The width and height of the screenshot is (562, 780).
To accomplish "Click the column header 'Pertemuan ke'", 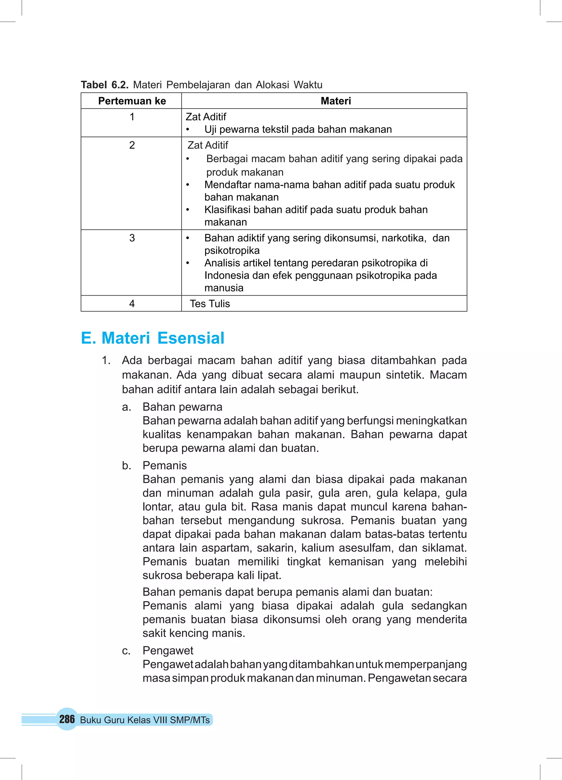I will (132, 101).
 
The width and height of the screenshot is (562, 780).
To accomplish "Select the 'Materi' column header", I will (336, 101).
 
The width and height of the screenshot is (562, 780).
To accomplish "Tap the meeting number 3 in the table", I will (132, 238).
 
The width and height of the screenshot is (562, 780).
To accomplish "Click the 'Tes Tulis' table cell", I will (210, 304).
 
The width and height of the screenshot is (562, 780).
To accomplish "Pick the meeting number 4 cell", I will (132, 304).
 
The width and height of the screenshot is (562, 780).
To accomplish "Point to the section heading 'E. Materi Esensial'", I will (152, 338).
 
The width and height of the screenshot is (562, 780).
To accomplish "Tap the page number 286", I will (67, 719).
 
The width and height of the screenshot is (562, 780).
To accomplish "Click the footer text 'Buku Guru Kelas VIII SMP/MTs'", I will (145, 720).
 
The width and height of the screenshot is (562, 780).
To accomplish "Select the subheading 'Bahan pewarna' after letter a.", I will (182, 407).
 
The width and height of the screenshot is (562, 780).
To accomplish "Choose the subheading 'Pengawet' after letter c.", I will (168, 651).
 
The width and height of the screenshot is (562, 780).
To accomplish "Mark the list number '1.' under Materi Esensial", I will (106, 360).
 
